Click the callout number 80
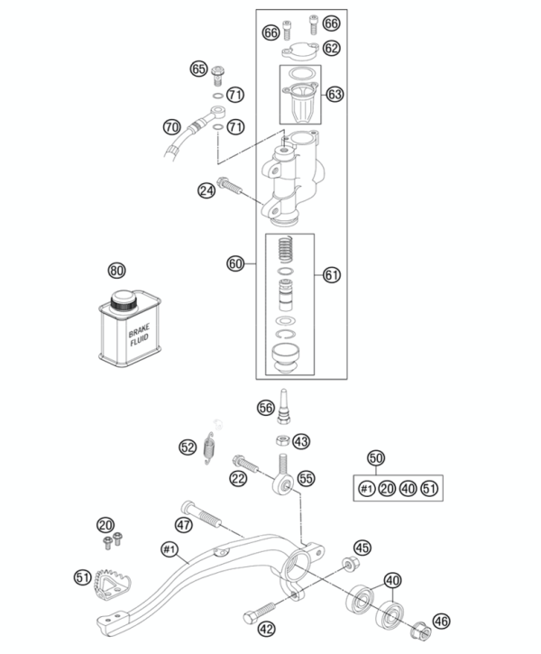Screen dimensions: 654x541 point(116,270)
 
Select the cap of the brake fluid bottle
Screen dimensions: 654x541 point(121,299)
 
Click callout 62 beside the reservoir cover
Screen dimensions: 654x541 point(333,48)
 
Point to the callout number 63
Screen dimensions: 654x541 point(335,94)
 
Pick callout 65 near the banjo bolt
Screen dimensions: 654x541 point(199,69)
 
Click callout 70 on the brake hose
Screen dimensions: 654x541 point(171,126)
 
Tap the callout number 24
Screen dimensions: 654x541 point(206,189)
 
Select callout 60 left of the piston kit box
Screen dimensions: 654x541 point(235,264)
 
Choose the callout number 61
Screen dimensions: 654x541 point(333,275)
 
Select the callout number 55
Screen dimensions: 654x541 point(307,480)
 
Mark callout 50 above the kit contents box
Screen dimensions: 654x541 point(377,457)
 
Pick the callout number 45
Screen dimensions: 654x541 point(362,548)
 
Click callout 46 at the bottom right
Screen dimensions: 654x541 point(440,622)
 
